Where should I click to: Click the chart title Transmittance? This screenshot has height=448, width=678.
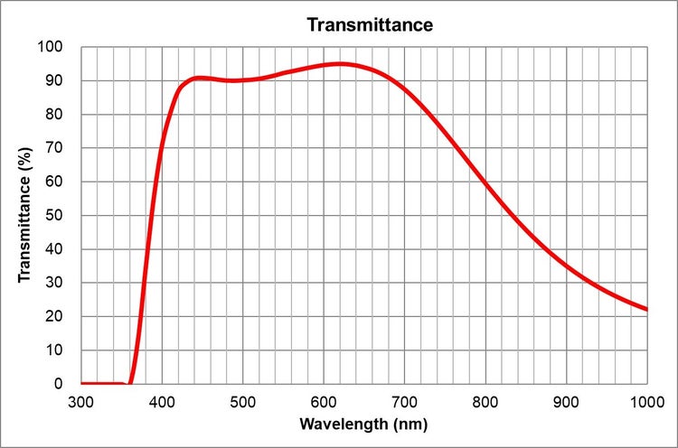[370, 24]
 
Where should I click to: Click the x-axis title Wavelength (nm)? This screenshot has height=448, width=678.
[364, 424]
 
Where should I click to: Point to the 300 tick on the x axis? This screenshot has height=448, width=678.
[81, 400]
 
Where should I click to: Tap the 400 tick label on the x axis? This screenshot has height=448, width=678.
[162, 400]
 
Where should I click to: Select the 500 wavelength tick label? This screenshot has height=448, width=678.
[243, 400]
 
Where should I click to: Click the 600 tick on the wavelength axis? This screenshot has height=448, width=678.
[324, 400]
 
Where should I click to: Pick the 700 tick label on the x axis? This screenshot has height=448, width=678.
[405, 400]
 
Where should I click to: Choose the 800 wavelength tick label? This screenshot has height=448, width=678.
[485, 400]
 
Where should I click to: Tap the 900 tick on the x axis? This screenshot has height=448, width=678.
[567, 400]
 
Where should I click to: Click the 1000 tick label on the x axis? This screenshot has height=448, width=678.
[645, 400]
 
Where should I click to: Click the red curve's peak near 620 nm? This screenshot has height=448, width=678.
[340, 64]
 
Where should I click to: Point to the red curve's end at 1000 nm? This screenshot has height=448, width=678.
[646, 309]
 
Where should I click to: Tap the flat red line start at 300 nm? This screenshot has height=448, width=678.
[82, 383]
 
